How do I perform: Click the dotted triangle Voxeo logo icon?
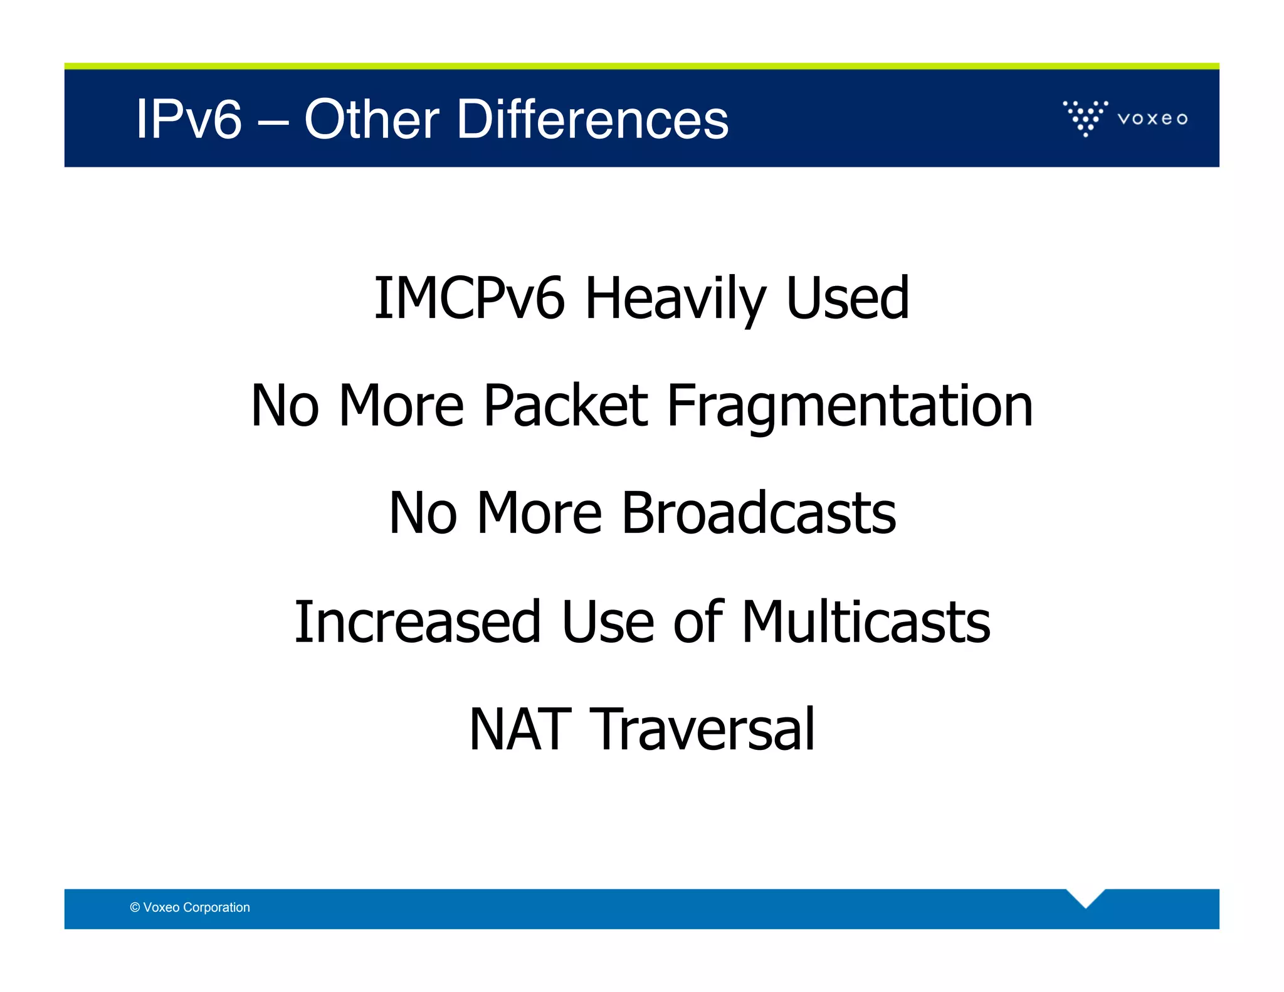pyautogui.click(x=1085, y=118)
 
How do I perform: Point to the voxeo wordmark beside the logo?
pyautogui.click(x=1152, y=119)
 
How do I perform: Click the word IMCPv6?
pyautogui.click(x=469, y=298)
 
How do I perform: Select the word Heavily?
pyautogui.click(x=675, y=300)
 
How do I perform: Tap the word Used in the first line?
pyautogui.click(x=847, y=298)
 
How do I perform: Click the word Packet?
pyautogui.click(x=566, y=406)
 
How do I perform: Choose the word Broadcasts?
pyautogui.click(x=759, y=514)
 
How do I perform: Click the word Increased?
pyautogui.click(x=418, y=622)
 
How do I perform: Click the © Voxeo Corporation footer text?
pyautogui.click(x=190, y=907)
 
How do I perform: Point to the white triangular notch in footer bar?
pyautogui.click(x=1085, y=897)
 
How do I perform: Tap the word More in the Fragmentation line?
pyautogui.click(x=401, y=406)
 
